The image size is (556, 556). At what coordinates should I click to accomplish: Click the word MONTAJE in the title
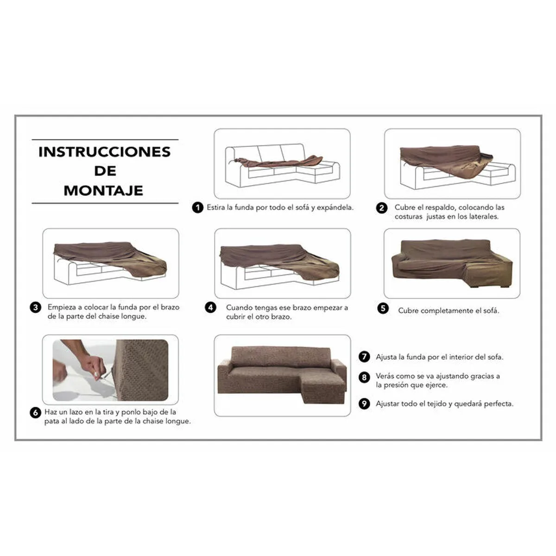(103, 190)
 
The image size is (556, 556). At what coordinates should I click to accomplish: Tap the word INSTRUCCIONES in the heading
(104, 152)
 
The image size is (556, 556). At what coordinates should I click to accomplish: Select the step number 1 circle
(198, 208)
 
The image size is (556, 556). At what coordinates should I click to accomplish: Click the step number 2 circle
(381, 208)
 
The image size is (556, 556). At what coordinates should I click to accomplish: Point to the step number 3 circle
(36, 307)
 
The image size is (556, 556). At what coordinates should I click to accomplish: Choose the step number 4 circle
(211, 308)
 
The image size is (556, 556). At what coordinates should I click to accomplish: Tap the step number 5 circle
(383, 309)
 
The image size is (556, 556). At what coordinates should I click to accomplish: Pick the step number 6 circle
(36, 412)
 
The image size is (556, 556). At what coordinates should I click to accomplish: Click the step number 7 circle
(365, 357)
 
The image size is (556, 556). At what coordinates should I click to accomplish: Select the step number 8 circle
(365, 377)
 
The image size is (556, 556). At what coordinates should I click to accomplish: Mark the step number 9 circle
(365, 404)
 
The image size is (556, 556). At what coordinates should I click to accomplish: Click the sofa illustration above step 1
(282, 164)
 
